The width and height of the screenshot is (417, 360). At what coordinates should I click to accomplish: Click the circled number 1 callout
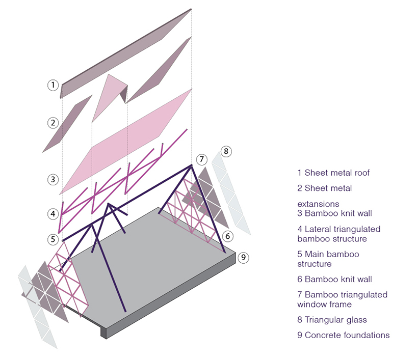(x=53, y=85)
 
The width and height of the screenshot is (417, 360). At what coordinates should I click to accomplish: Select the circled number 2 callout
(x=53, y=122)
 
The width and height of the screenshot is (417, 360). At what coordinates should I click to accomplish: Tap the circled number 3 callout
(x=53, y=179)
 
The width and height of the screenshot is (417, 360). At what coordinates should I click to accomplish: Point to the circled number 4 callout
(x=53, y=214)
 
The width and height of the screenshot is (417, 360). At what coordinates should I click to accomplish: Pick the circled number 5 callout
(x=53, y=239)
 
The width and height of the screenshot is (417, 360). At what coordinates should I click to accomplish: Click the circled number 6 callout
(x=228, y=236)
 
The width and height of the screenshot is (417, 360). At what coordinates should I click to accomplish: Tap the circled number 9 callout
(x=244, y=257)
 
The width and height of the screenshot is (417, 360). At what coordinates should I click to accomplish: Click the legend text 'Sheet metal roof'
(x=337, y=173)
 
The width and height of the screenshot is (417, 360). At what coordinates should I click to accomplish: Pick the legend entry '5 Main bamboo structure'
(x=328, y=259)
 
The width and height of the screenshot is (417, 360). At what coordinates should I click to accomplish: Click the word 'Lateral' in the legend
(x=318, y=229)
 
